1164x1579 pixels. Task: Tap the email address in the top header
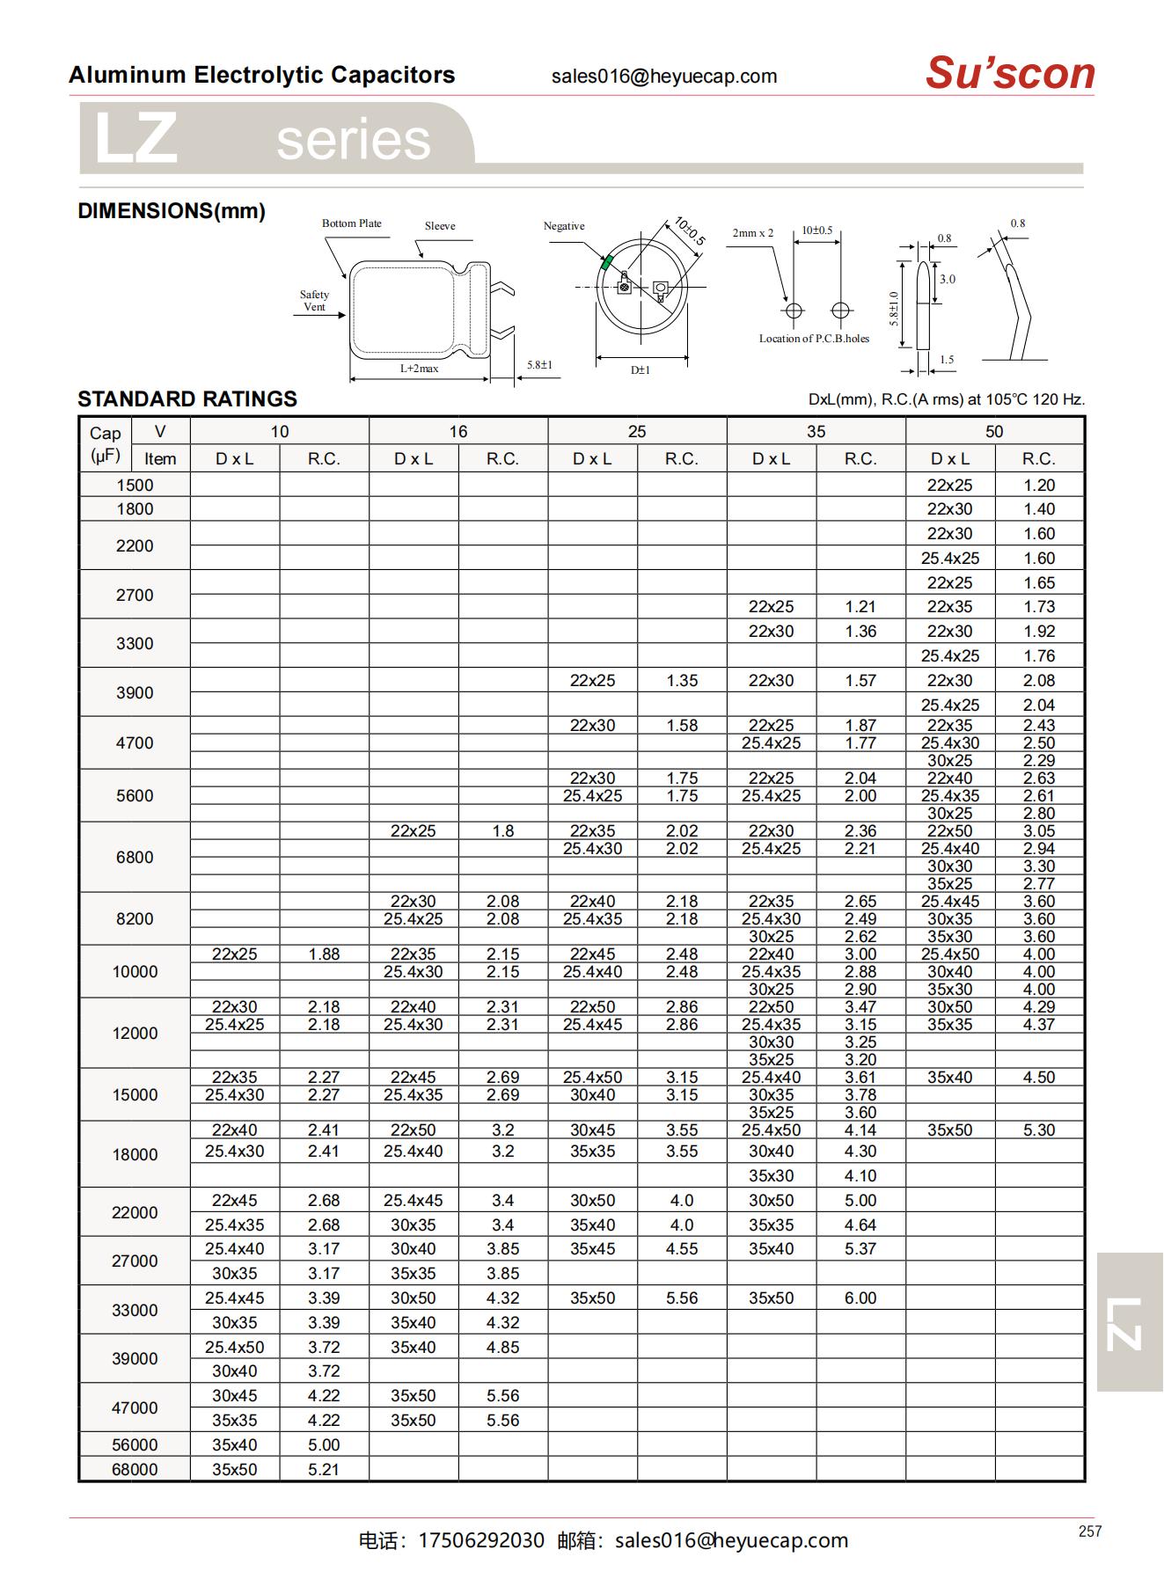(664, 77)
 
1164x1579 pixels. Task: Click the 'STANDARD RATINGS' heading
(187, 398)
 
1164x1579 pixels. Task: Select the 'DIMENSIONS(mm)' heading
(172, 211)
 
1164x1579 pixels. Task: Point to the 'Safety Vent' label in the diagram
(314, 301)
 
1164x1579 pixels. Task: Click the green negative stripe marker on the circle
(606, 262)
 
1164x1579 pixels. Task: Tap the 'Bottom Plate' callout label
(351, 223)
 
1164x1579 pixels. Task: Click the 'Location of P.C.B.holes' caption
(814, 339)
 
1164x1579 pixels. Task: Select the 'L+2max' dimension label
(419, 369)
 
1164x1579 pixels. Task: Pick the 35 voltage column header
(816, 431)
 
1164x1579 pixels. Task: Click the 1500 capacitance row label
(135, 485)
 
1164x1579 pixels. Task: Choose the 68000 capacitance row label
(135, 1469)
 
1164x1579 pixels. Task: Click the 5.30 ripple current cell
(1038, 1129)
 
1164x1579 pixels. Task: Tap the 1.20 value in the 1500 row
(1038, 485)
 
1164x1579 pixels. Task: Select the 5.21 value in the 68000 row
(324, 1469)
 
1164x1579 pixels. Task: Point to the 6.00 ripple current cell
(860, 1298)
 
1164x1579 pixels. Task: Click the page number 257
(1089, 1531)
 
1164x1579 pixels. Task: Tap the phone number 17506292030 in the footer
(481, 1540)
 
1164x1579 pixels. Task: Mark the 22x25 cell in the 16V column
(413, 830)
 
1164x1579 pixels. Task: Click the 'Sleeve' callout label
(440, 226)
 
